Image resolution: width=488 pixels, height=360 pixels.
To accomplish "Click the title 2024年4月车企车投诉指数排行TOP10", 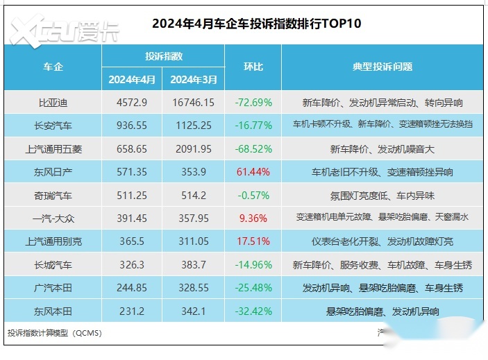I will (x=256, y=24).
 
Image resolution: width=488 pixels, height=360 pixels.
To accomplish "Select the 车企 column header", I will (x=53, y=67).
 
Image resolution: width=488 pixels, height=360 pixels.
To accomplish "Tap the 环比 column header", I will (x=253, y=67).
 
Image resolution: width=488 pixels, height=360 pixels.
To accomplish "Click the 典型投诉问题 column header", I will (x=382, y=67).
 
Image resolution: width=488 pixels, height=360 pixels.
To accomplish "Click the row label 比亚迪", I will (x=53, y=103).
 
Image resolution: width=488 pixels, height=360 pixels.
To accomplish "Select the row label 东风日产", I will (x=53, y=172).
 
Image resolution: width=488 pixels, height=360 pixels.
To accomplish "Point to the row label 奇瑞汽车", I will (x=53, y=195).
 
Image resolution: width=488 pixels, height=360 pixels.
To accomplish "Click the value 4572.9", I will (x=133, y=103).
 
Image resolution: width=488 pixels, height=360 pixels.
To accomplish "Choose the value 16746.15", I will (x=193, y=103).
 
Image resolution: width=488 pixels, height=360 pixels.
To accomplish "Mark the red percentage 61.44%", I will (x=253, y=172).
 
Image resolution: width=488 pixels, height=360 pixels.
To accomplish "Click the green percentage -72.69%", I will (x=253, y=103).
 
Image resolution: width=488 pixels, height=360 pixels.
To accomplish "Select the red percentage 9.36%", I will (x=253, y=218).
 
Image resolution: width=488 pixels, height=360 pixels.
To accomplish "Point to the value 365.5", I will (x=133, y=241).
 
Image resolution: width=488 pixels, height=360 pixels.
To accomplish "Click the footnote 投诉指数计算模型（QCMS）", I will (x=54, y=333).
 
